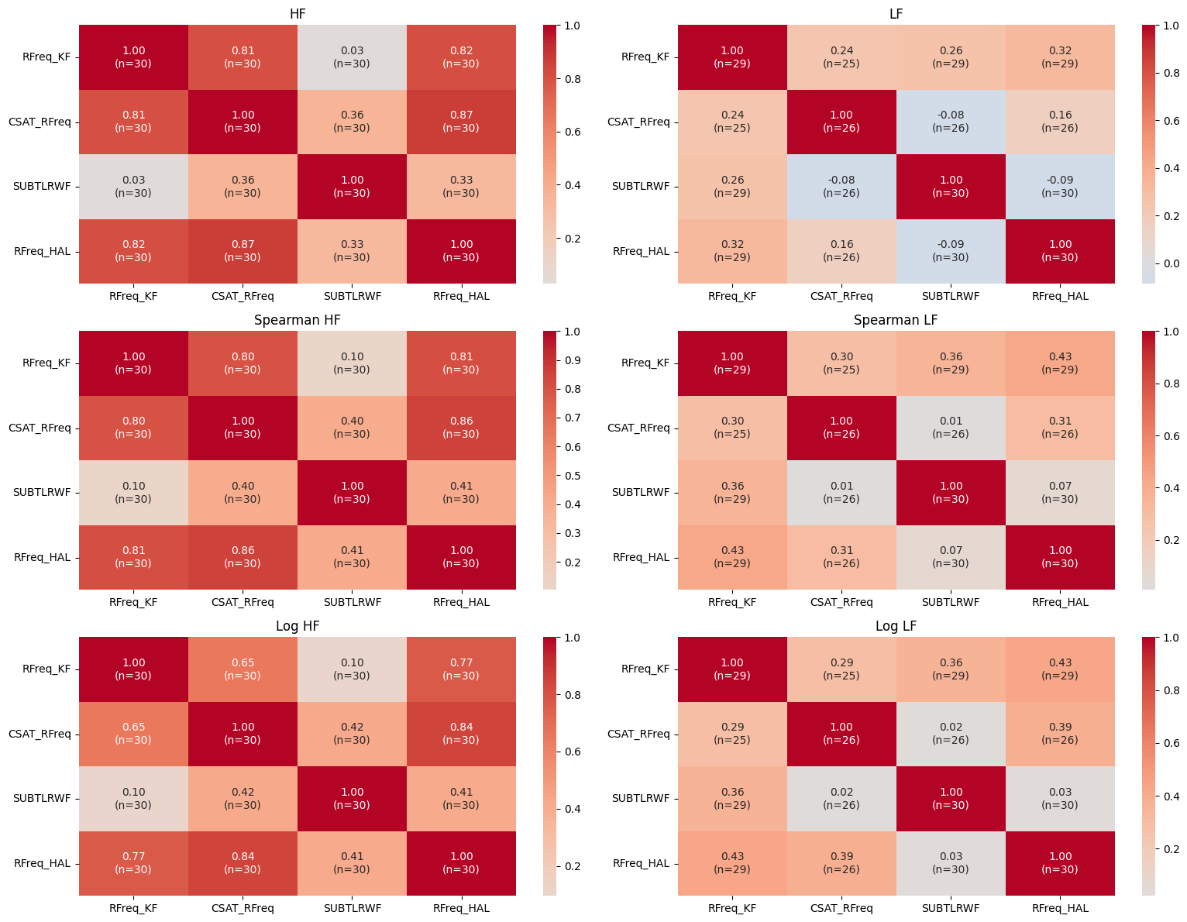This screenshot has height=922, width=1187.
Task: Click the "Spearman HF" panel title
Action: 298,320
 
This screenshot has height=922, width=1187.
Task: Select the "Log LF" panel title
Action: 896,626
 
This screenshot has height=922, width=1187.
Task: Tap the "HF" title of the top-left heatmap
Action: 298,14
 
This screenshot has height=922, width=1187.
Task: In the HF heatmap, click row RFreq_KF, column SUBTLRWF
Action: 353,57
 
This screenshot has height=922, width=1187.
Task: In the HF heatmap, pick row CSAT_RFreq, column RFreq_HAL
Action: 461,122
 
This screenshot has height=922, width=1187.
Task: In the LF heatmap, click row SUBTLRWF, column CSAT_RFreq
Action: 841,187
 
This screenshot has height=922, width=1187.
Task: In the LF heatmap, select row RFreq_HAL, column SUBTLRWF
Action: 951,251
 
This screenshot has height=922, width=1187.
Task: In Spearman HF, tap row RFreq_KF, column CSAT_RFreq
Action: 243,363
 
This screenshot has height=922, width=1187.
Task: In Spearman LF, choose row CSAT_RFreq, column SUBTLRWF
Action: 951,428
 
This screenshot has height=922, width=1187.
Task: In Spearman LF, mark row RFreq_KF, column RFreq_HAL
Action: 1060,363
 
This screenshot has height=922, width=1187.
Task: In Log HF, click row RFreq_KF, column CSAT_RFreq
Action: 243,669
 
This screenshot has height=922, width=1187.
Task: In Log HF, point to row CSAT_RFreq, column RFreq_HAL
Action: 461,734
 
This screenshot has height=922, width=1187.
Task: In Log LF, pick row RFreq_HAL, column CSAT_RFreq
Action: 841,863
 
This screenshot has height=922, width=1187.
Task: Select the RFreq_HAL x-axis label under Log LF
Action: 1060,908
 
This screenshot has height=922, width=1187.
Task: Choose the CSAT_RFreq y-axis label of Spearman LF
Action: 638,428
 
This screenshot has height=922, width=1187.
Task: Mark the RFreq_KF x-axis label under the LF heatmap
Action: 732,296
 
